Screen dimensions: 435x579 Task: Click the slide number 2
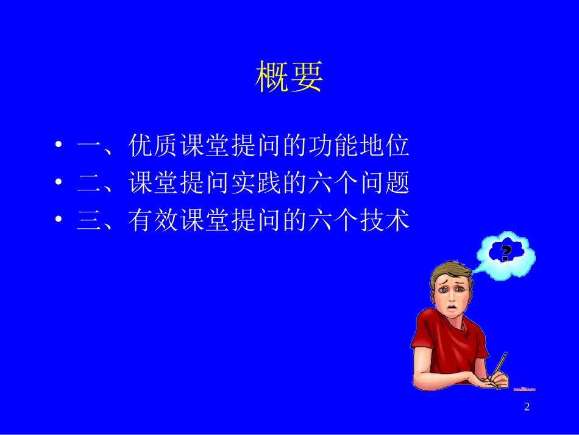[527, 407]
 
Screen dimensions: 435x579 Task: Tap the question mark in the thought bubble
[505, 252]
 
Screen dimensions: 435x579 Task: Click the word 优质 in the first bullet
[154, 146]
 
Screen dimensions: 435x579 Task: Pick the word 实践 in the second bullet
[256, 183]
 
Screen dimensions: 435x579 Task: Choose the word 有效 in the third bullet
[154, 220]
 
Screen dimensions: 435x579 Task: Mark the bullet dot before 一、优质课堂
[59, 146]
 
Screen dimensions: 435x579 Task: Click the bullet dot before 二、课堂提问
[59, 183]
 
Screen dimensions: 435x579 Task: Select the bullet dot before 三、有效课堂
[59, 220]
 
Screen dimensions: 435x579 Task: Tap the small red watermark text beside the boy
[524, 389]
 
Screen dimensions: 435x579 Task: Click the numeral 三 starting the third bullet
[90, 221]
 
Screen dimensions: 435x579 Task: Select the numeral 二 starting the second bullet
[90, 184]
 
